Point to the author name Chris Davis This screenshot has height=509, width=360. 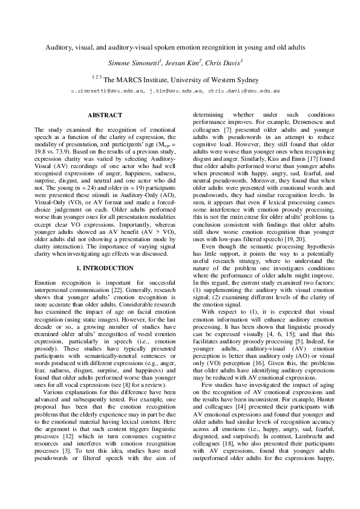pyautogui.click(x=222, y=63)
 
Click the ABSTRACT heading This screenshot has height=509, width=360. pyautogui.click(x=105, y=115)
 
